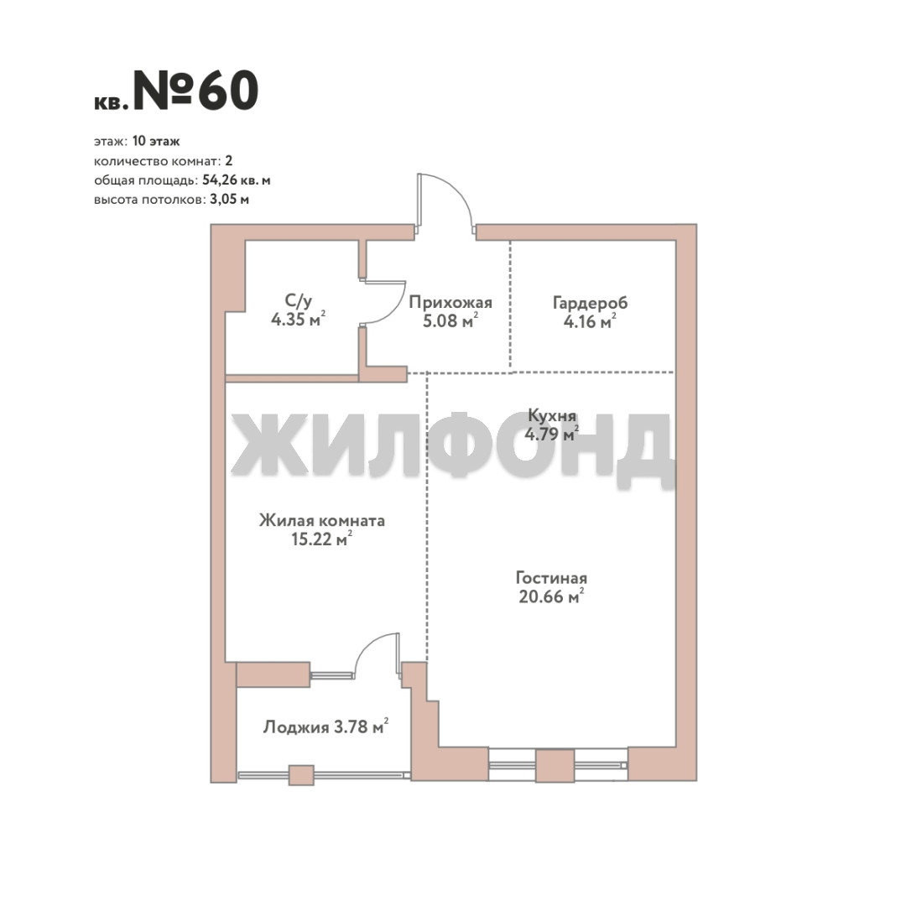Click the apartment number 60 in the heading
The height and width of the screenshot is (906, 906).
[x=228, y=91]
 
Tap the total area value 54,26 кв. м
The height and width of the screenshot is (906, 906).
[x=237, y=180]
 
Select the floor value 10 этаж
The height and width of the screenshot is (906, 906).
[x=156, y=141]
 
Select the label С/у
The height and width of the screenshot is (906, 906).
[x=298, y=300]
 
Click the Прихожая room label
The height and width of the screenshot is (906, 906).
[x=450, y=302]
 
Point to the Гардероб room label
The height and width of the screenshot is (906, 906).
[x=590, y=303]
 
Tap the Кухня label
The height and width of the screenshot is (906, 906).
[x=552, y=415]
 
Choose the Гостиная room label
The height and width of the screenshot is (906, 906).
[x=551, y=578]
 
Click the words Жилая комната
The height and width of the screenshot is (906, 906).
[x=322, y=521]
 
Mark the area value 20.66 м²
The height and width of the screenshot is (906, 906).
[x=551, y=596]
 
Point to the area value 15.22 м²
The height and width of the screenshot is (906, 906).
[x=322, y=539]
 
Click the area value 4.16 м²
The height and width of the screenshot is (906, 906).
[x=590, y=321]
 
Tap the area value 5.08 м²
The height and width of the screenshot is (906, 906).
[x=450, y=320]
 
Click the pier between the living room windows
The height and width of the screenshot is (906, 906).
[x=555, y=766]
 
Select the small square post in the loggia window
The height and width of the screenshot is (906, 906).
[x=301, y=775]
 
